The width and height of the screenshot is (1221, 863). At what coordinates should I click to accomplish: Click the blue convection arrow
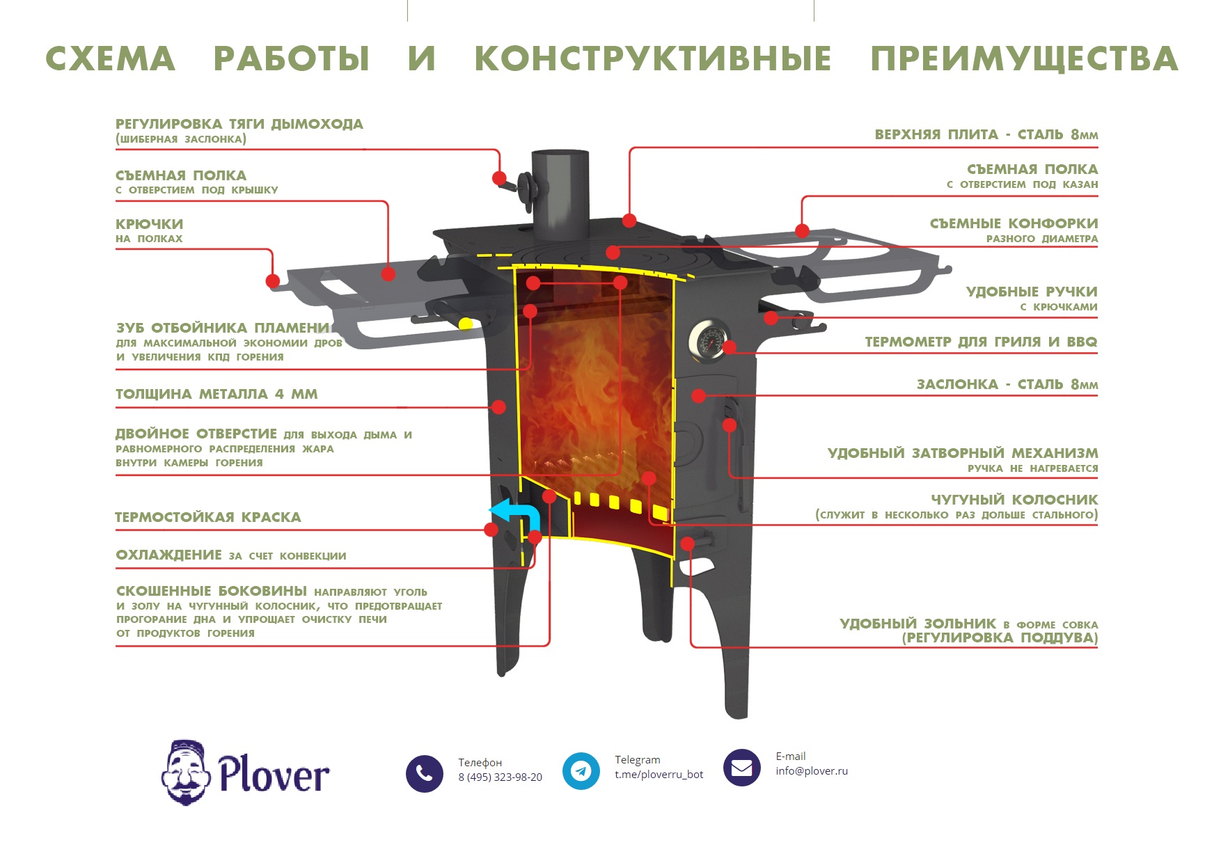(519, 516)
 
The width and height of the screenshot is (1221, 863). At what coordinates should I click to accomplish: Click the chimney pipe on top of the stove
(560, 188)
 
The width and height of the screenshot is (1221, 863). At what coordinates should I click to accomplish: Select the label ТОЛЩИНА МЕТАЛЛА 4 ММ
(216, 394)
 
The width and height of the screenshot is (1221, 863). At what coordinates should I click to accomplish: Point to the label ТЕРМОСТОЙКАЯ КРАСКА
(207, 517)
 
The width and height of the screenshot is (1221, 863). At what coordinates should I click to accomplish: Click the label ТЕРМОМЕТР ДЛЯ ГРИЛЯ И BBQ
(980, 342)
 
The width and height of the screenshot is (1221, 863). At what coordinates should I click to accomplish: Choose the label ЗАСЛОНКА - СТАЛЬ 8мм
(1007, 384)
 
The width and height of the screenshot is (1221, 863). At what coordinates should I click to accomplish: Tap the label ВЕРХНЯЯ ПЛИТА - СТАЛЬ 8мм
(986, 134)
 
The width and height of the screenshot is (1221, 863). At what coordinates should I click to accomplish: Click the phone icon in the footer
(424, 773)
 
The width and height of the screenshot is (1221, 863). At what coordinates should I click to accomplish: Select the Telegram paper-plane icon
(581, 770)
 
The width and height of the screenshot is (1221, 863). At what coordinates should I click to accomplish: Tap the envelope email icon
(741, 768)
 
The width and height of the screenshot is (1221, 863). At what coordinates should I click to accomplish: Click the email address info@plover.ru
(812, 771)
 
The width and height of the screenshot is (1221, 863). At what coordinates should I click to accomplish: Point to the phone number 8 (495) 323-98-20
(500, 777)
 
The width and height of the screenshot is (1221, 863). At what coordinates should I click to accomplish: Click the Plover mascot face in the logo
(186, 773)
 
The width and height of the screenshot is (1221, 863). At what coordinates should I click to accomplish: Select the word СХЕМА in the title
(110, 58)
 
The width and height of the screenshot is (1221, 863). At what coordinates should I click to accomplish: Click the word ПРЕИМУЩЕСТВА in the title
(1023, 58)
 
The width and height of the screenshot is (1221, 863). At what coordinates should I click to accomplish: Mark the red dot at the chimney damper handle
(499, 178)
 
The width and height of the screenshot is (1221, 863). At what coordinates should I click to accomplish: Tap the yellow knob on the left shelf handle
(466, 324)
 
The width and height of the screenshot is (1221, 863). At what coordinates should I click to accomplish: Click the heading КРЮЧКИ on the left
(149, 224)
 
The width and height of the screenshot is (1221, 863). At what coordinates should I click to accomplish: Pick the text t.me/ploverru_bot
(659, 775)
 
